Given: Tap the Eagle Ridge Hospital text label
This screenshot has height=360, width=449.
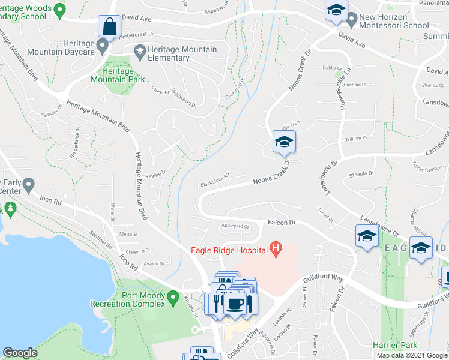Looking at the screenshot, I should tap(229, 250).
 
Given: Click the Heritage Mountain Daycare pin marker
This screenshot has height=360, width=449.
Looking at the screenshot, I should tap(103, 46).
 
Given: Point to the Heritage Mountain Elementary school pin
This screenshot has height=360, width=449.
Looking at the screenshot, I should tap(140, 52).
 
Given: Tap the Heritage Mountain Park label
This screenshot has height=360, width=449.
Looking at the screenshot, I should tap(118, 74).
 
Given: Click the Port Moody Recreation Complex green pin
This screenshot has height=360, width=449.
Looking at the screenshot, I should tap(173, 297).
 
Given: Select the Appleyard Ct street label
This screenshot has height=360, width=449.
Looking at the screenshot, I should tap(235, 227).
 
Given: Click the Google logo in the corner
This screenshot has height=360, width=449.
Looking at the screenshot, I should tap(20, 353).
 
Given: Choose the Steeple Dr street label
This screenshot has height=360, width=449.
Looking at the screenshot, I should tap(361, 174).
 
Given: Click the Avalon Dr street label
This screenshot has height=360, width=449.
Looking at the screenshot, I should tap(154, 263).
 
